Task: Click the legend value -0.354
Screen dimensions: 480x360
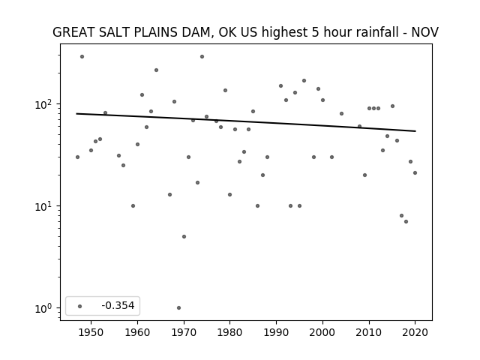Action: pos(118,305)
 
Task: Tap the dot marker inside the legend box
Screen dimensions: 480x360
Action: pos(80,306)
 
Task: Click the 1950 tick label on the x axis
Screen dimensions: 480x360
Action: pos(91,332)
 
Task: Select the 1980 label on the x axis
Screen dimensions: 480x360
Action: pos(230,332)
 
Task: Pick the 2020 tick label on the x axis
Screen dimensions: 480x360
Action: pos(415,332)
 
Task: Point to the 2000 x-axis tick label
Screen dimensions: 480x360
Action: pos(322,332)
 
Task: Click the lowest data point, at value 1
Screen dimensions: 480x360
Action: pos(178,308)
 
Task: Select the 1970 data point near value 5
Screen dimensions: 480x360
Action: pos(184,237)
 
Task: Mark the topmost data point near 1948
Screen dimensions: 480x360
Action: pos(82,57)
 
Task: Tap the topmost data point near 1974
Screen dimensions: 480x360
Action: pos(202,57)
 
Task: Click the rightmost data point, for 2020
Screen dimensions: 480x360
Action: pos(415,173)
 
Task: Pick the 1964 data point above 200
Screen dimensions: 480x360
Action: pos(156,70)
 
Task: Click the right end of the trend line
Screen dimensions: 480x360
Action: pos(415,131)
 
